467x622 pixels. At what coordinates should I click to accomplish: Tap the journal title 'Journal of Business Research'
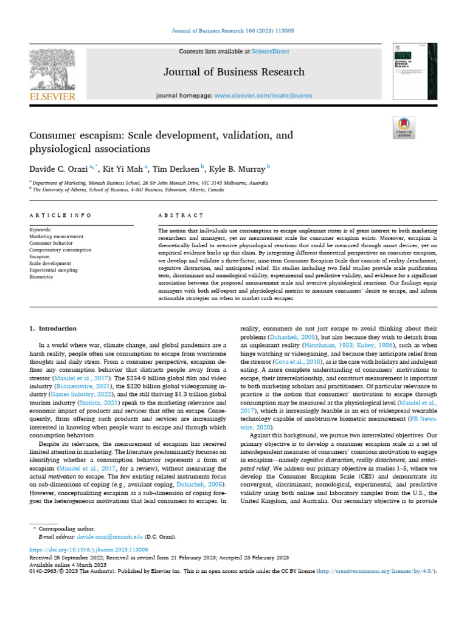click(233, 72)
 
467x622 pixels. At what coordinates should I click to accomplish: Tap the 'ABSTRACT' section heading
click(180, 215)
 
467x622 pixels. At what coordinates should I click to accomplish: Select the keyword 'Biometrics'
click(42, 276)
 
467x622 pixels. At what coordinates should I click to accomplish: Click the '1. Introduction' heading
click(54, 329)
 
